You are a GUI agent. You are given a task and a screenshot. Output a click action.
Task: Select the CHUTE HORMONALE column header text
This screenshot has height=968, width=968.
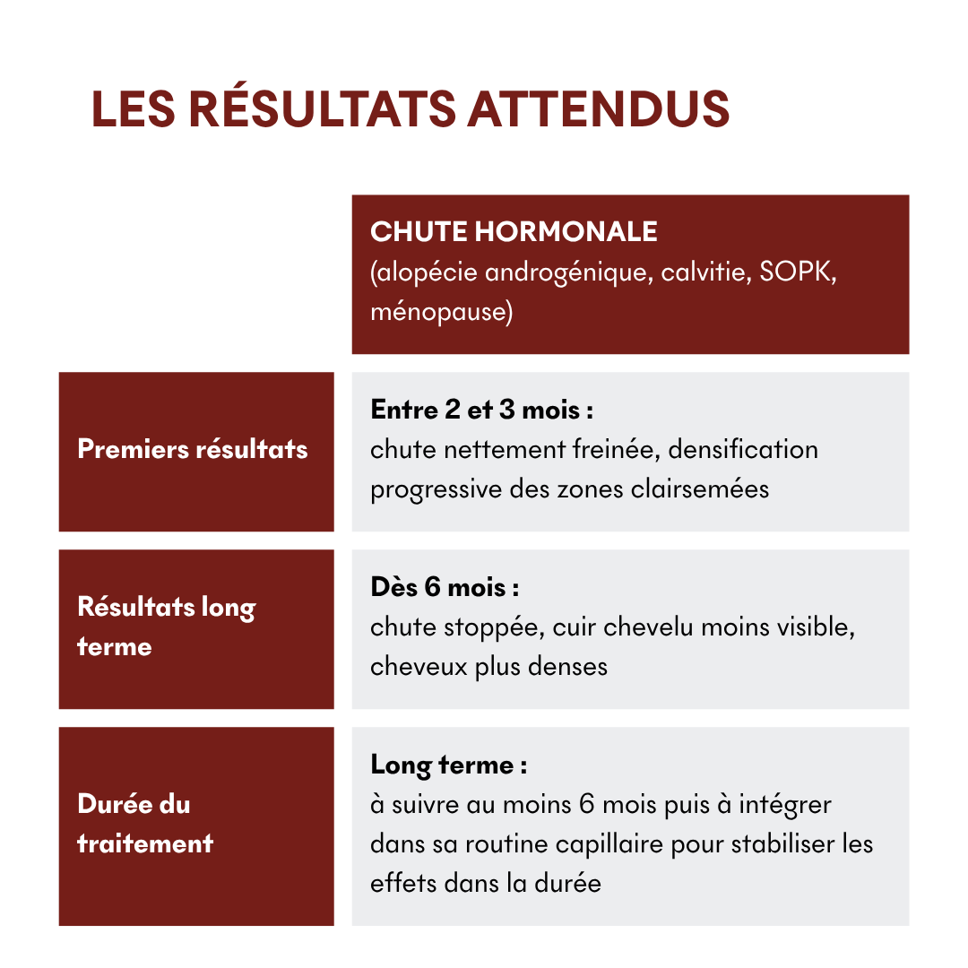click(514, 232)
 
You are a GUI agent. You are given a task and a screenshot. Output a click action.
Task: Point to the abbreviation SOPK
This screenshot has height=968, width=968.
click(797, 272)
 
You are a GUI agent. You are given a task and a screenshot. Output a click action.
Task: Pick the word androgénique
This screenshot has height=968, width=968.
click(567, 272)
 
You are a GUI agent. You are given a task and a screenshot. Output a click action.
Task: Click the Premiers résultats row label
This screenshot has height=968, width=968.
click(193, 449)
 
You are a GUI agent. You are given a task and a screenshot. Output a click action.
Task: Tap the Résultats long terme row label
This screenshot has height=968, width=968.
click(167, 627)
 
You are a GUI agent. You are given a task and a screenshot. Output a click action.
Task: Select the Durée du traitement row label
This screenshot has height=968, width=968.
click(145, 823)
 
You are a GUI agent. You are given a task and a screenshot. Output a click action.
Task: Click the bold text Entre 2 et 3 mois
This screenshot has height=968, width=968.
click(482, 411)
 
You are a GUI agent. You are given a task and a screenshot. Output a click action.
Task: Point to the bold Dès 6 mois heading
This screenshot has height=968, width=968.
click(445, 588)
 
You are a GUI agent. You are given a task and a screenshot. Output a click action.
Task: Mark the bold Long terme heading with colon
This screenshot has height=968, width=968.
click(448, 765)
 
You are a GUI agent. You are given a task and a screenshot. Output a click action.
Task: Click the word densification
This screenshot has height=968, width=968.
click(743, 449)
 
